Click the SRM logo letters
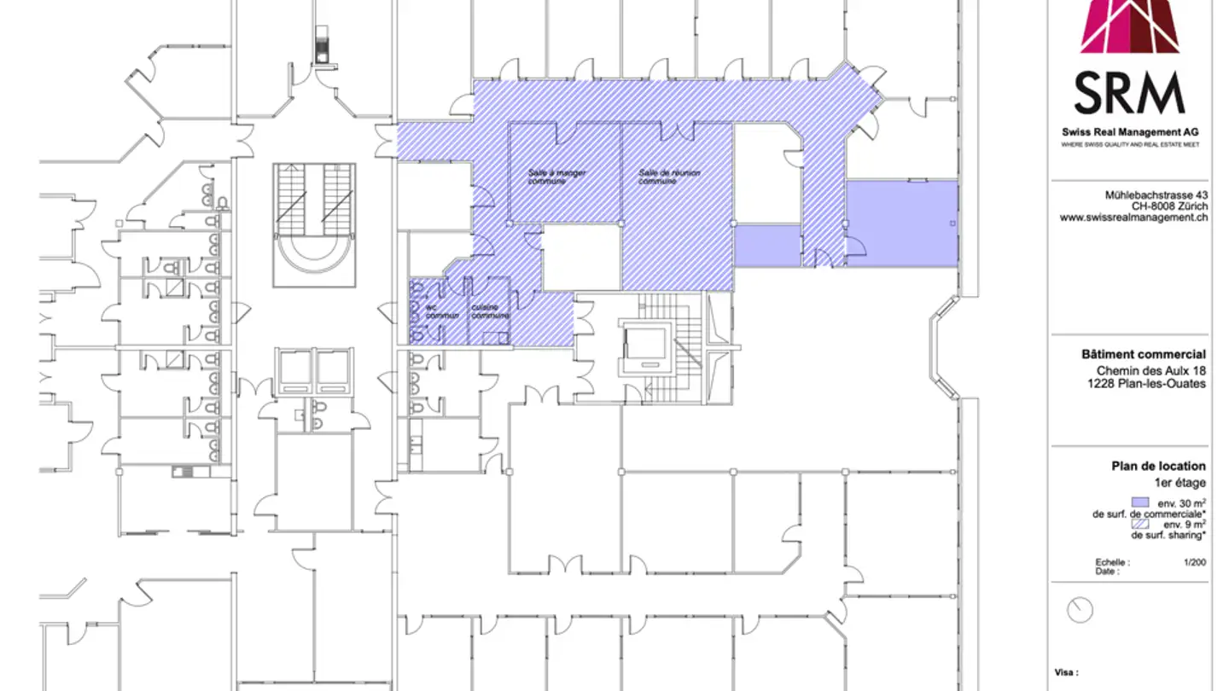point(1129,94)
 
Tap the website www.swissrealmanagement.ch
point(1133,218)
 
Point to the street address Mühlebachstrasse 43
point(1156,195)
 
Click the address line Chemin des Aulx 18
point(1151,370)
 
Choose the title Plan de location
point(1158,466)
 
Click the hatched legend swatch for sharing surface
point(1139,525)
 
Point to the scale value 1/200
point(1195,563)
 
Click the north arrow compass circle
point(1080,609)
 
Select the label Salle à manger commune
point(556,177)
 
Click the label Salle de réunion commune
point(669,177)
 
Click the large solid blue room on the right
point(901,224)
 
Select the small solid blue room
point(767,246)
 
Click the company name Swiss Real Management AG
point(1130,132)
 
